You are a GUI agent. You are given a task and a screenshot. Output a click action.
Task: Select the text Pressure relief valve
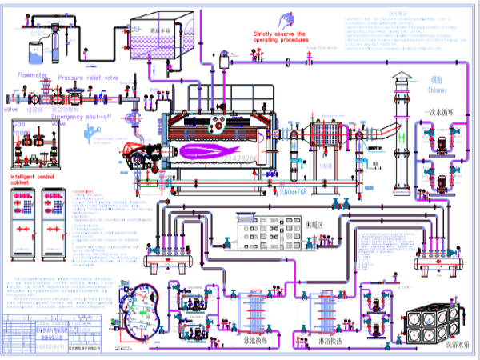89,78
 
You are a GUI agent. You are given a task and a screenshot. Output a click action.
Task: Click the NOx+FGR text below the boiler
294,193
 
